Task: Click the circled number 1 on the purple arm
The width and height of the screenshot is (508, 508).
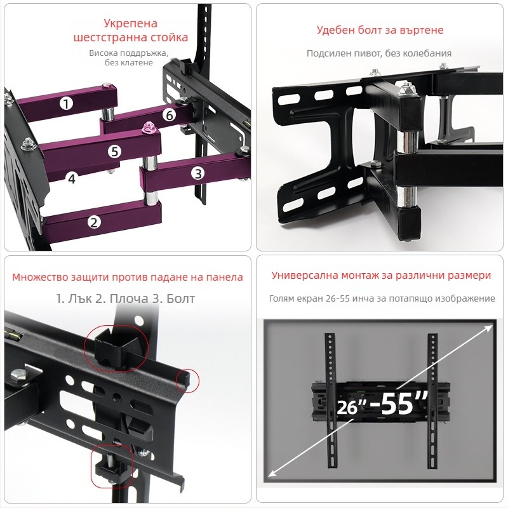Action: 67,104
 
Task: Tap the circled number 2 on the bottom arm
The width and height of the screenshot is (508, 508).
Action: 93,222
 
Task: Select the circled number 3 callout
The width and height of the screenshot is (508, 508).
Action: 197,173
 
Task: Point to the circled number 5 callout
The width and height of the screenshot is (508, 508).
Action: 114,151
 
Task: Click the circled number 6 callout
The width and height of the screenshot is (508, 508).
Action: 169,115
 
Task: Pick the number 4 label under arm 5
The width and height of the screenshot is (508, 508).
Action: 72,178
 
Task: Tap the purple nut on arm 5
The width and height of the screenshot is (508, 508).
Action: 149,126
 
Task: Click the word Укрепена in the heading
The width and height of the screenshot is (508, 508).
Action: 131,23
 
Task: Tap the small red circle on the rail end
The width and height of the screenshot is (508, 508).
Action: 187,380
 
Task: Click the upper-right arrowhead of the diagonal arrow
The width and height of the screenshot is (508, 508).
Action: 488,329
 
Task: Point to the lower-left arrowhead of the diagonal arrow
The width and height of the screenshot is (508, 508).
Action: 271,473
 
